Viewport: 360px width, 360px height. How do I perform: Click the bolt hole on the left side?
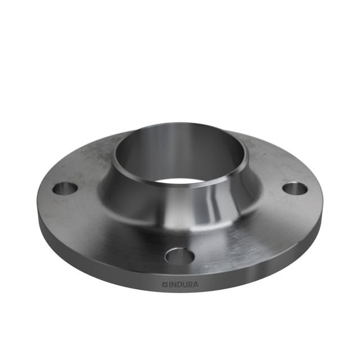tap(65, 188)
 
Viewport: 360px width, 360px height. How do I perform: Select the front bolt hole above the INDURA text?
tap(179, 256)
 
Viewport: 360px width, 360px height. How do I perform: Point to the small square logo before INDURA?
tap(165, 284)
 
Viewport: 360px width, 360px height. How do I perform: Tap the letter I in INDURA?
tap(170, 284)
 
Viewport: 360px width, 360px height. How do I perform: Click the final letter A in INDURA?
tap(195, 284)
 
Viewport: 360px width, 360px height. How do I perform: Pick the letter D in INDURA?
tap(179, 284)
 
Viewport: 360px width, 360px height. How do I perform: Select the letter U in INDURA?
tap(184, 284)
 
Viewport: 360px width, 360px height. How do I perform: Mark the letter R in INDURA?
tap(190, 284)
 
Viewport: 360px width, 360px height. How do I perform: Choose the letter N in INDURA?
tap(174, 284)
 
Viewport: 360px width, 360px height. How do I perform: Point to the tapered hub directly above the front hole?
tap(179, 217)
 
